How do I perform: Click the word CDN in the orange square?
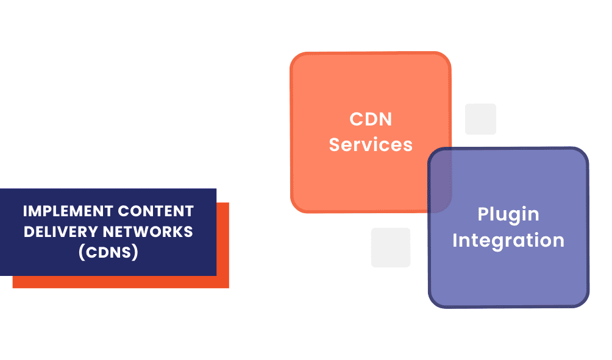(371, 119)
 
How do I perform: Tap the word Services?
(371, 145)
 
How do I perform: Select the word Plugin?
(508, 214)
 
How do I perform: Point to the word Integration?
(508, 240)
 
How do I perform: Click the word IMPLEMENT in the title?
(65, 211)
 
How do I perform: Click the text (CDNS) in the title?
(109, 252)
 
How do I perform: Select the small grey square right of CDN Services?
(480, 119)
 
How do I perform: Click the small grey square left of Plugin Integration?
(391, 247)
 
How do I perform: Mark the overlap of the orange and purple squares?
(439, 180)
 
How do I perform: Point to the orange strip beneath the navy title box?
(122, 282)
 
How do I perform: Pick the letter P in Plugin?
(482, 214)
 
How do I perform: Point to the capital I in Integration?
(455, 240)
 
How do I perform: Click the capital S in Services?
(335, 145)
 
